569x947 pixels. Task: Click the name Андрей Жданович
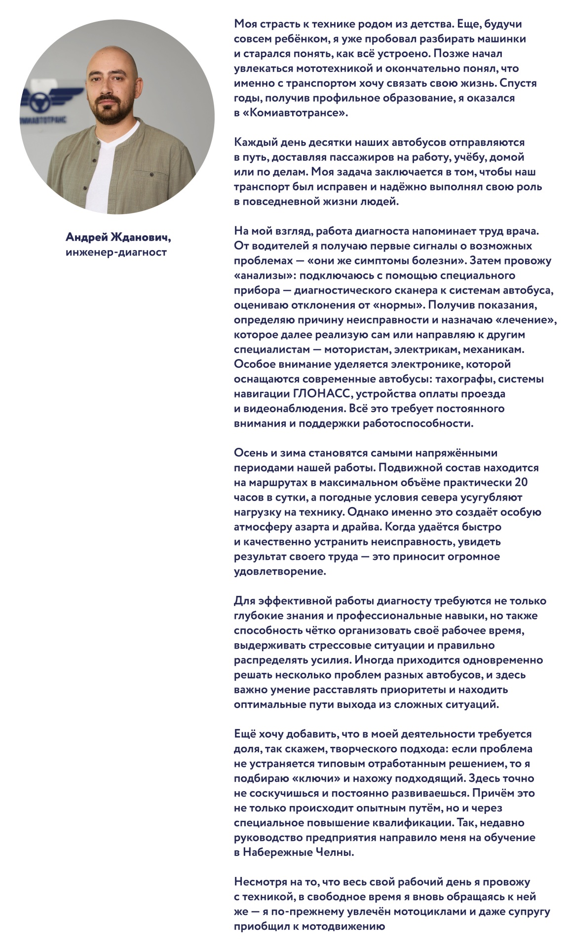(x=118, y=238)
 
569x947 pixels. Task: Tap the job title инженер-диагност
(x=116, y=253)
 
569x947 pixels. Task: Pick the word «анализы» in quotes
(x=264, y=275)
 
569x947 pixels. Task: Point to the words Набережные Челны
(x=298, y=852)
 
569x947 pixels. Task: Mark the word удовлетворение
(x=280, y=571)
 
